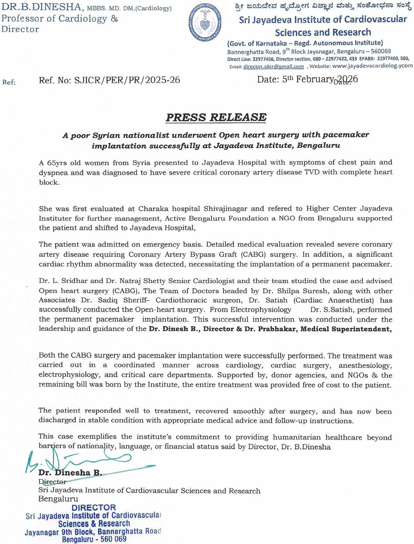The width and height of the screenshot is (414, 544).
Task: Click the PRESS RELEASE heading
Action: (216, 117)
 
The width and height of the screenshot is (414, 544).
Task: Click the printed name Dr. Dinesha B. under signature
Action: (70, 473)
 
